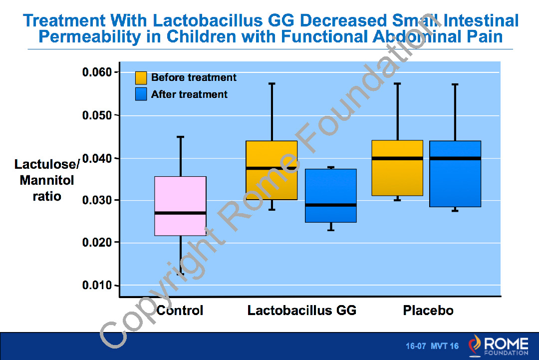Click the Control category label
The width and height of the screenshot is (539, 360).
(180, 311)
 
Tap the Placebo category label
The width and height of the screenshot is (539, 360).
(428, 311)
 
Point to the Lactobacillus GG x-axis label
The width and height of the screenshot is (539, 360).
(302, 311)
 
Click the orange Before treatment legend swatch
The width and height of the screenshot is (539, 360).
(141, 78)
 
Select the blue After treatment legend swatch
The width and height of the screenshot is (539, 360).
(141, 94)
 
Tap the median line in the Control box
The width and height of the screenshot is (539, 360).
(180, 213)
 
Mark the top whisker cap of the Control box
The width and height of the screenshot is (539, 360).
(181, 136)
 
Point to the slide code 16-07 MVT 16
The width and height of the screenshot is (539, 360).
(432, 346)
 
